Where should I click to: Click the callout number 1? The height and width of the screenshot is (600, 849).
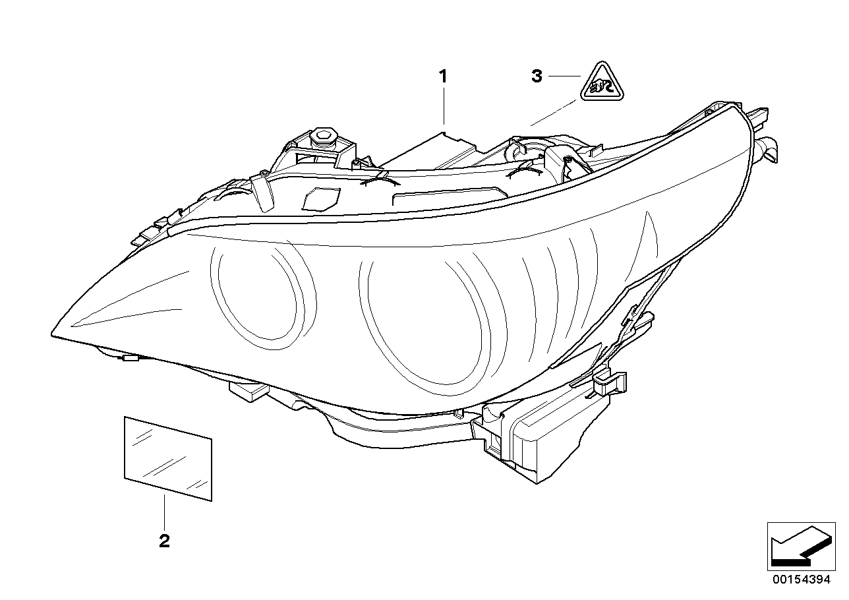[x=444, y=76]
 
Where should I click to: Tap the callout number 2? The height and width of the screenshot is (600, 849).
[x=164, y=541]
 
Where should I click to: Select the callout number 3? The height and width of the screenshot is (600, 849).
[x=537, y=77]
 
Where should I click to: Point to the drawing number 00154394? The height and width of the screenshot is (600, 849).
[x=802, y=580]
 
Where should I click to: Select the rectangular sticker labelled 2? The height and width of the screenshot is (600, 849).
[x=168, y=458]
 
